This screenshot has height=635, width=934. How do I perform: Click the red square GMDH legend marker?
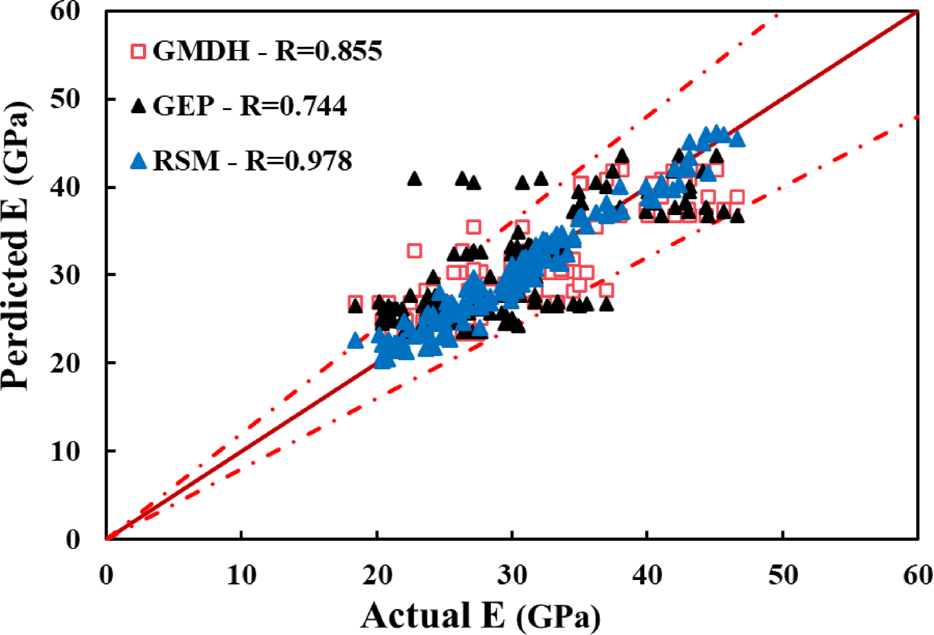click(x=138, y=51)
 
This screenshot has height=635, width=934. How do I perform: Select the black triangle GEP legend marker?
click(x=138, y=106)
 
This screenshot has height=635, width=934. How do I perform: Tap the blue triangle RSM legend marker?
click(x=138, y=161)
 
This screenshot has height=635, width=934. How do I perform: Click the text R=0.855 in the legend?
click(x=328, y=51)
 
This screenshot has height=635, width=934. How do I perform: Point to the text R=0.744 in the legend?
click(x=293, y=106)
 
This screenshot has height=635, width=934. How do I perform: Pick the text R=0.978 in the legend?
click(x=298, y=161)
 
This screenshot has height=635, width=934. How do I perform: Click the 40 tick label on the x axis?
click(x=647, y=574)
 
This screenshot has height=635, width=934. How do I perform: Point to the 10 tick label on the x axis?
click(x=241, y=574)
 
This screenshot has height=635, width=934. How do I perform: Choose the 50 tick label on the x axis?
click(x=782, y=574)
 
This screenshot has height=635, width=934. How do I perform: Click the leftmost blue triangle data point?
click(x=355, y=341)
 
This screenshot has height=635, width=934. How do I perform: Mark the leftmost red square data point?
click(x=355, y=303)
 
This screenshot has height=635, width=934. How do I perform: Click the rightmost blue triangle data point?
click(x=737, y=139)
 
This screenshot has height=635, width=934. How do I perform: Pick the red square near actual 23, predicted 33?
click(x=414, y=251)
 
